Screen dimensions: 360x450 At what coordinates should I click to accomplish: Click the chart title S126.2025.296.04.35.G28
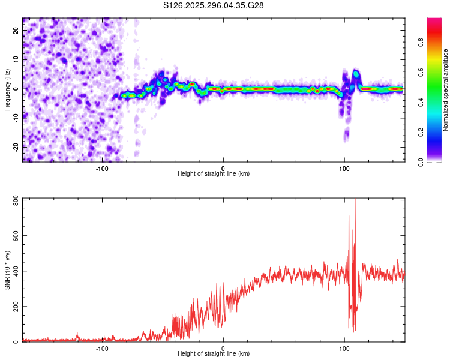pyautogui.click(x=214, y=6)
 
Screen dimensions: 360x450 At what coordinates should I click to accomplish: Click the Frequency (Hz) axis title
pyautogui.click(x=7, y=89)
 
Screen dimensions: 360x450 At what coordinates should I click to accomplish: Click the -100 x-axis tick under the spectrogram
pyautogui.click(x=102, y=168)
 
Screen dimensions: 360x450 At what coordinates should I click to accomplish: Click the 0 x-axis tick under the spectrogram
pyautogui.click(x=223, y=168)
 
